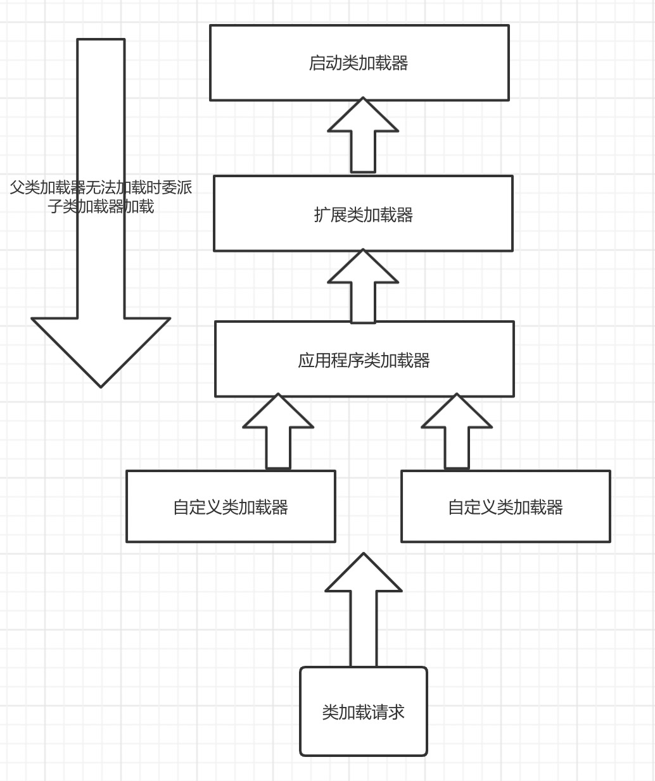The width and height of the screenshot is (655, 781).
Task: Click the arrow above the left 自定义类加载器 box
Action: pyautogui.click(x=278, y=443)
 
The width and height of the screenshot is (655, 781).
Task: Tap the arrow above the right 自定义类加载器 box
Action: pyautogui.click(x=457, y=443)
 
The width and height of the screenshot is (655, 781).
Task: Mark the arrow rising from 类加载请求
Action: pyautogui.click(x=364, y=627)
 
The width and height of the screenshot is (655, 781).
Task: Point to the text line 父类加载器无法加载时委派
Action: pyautogui.click(x=101, y=187)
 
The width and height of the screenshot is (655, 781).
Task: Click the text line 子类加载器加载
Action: pyautogui.click(x=101, y=206)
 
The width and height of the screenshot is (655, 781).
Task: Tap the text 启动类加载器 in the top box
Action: pyautogui.click(x=359, y=63)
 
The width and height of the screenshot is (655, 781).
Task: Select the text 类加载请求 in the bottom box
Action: pyautogui.click(x=363, y=712)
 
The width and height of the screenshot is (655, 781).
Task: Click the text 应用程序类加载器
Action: pyautogui.click(x=364, y=360)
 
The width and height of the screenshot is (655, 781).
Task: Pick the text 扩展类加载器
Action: pyautogui.click(x=363, y=215)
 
